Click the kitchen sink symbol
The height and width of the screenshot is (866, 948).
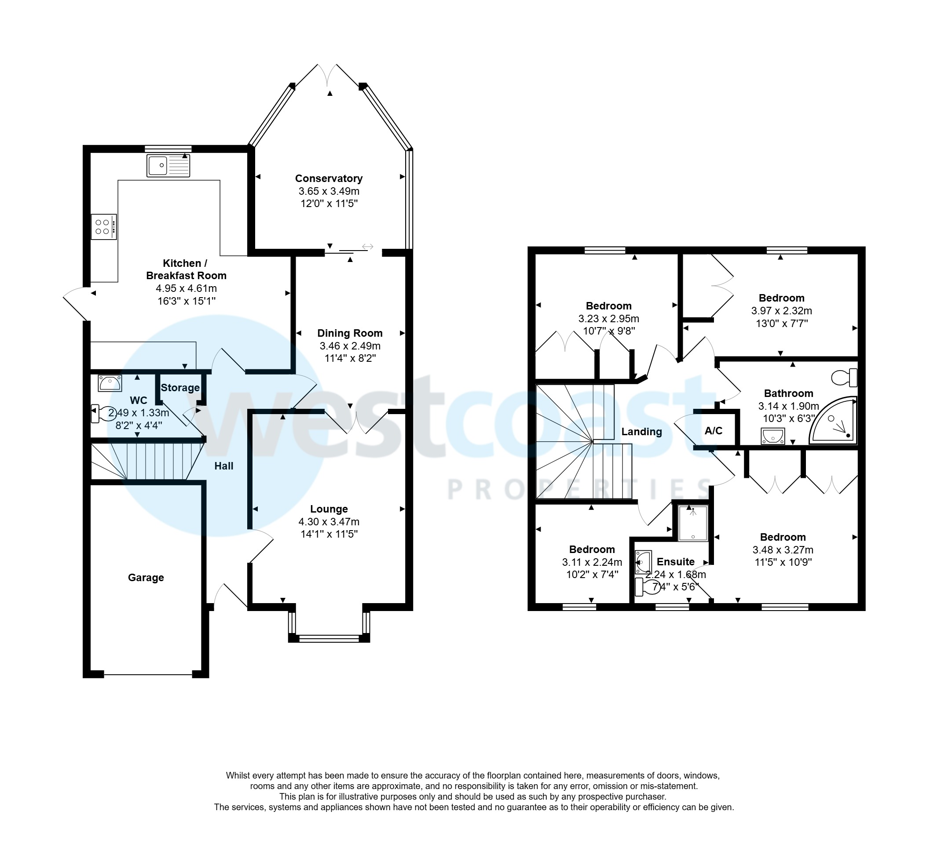pos(168,166)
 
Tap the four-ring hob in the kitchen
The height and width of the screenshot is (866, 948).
pos(104,227)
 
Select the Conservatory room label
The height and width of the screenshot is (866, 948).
pos(329,178)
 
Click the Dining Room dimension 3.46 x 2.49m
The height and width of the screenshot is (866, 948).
pos(350,346)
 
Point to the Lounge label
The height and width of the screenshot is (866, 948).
pos(329,509)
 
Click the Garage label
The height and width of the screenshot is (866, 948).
pos(146,578)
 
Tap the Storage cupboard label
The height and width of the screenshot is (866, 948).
pos(180,388)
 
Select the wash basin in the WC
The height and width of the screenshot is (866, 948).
pos(110,383)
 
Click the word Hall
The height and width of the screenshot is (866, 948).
pos(224,466)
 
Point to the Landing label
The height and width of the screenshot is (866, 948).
pos(641,432)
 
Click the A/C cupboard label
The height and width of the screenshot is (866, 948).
pos(714,431)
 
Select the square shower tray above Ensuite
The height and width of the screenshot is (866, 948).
pos(693,523)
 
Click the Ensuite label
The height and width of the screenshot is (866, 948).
pos(675,562)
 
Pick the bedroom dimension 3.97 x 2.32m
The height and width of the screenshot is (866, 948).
pos(782,311)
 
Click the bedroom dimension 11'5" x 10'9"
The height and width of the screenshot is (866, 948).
pos(783,562)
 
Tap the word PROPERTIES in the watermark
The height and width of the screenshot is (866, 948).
pos(578,489)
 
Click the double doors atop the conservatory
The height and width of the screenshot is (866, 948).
pos(328,75)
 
